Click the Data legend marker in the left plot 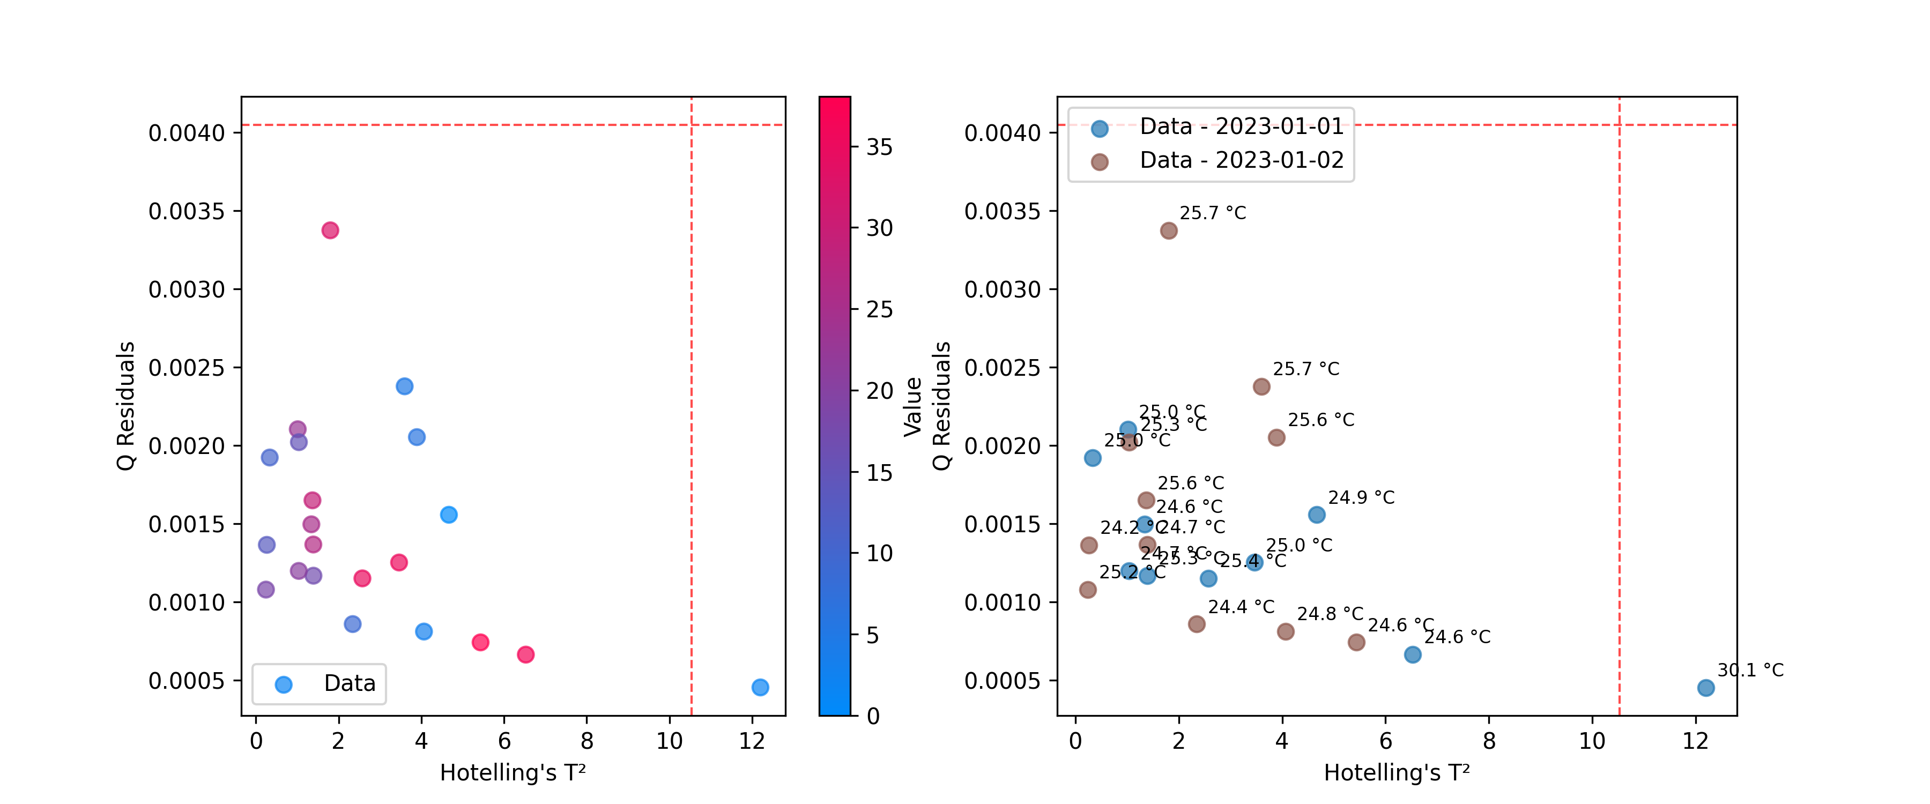283,684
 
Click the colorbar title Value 912,406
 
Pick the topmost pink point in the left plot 330,230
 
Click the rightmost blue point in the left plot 760,687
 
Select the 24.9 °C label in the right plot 1361,497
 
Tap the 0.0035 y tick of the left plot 186,211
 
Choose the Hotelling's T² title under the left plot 513,772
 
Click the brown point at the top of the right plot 1168,231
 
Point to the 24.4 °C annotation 1240,607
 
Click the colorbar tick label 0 873,716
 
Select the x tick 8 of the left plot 587,741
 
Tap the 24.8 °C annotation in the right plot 1330,614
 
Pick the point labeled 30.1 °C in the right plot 1705,688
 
